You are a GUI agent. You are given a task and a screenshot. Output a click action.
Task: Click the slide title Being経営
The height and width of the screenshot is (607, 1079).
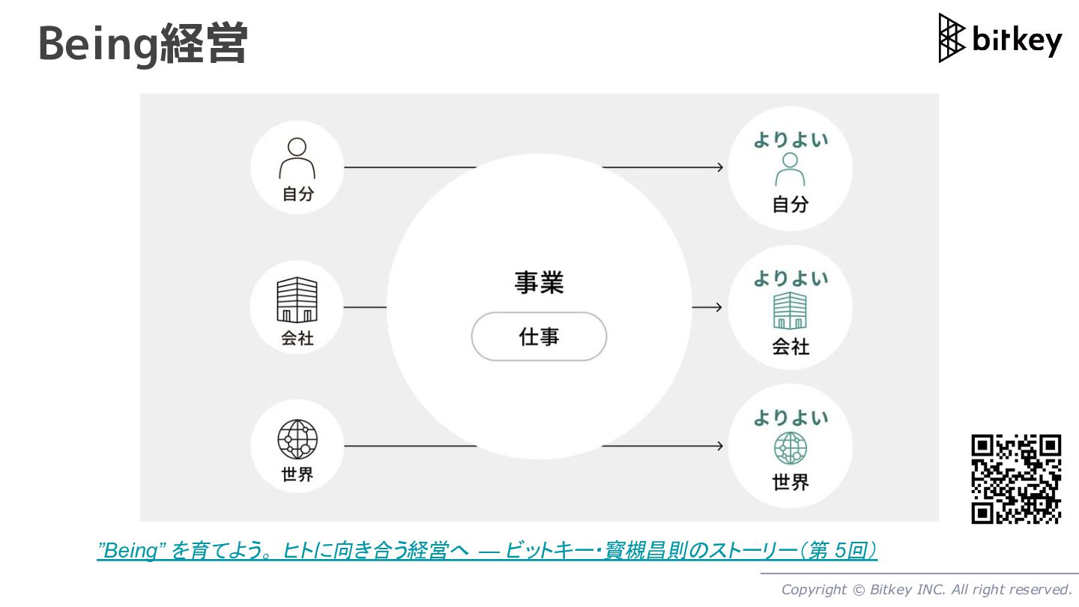click(142, 44)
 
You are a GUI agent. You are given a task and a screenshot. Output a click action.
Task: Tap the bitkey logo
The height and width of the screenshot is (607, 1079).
click(1000, 38)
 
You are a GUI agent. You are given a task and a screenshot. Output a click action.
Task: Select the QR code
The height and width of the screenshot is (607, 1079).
click(1016, 479)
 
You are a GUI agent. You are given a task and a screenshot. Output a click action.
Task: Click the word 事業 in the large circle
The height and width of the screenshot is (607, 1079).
click(539, 283)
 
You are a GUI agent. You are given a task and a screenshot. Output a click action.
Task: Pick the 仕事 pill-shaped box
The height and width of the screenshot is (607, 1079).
click(539, 336)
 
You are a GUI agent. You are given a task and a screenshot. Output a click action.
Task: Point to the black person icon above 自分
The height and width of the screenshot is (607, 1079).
click(297, 158)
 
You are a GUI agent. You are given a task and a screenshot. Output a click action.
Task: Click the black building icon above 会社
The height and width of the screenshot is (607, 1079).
click(297, 300)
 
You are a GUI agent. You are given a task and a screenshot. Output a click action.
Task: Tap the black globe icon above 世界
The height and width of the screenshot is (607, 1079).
click(297, 440)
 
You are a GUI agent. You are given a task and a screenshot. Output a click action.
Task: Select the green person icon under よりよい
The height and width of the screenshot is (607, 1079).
click(790, 169)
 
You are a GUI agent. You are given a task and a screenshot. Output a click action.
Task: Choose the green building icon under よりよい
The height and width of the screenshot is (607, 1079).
click(790, 310)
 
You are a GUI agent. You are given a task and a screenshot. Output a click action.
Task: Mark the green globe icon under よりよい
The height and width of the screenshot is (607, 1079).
click(790, 449)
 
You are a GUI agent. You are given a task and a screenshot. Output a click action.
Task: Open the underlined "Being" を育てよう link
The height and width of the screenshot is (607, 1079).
click(487, 551)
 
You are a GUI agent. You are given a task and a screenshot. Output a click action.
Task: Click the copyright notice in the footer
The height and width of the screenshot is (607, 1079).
click(926, 590)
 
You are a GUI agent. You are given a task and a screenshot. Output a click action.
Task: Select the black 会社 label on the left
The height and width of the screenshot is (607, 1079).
click(297, 339)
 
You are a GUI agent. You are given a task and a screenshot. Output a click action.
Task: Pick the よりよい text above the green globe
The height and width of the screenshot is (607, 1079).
click(791, 418)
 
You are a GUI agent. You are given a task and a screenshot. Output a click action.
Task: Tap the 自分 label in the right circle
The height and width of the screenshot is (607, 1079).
click(791, 204)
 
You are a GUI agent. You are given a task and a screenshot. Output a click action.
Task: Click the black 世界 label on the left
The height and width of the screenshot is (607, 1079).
click(297, 474)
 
